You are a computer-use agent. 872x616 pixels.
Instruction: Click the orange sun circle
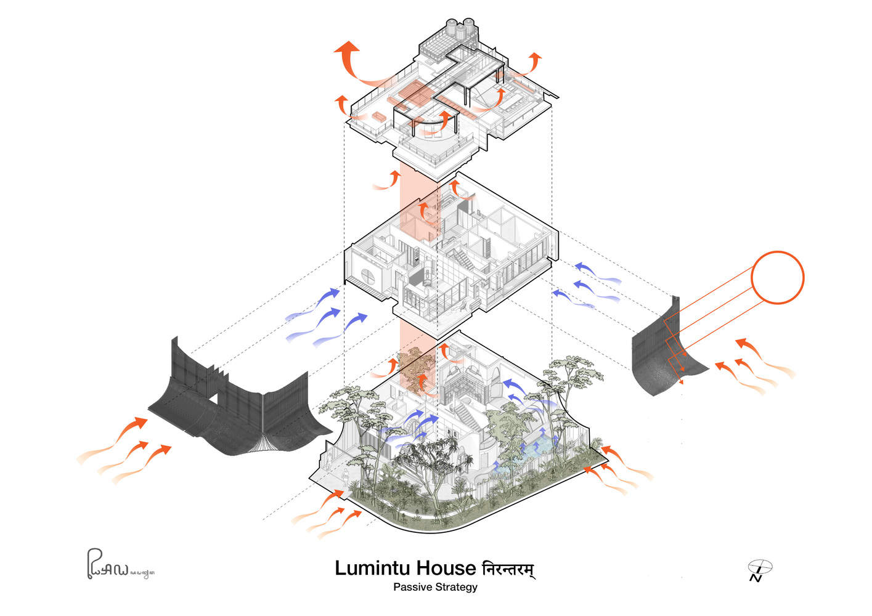[x=777, y=277]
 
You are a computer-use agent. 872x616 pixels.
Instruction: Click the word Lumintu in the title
[x=373, y=568]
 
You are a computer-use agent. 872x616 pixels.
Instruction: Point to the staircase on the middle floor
[x=463, y=259]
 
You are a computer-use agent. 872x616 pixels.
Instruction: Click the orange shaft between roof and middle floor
[x=409, y=203]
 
